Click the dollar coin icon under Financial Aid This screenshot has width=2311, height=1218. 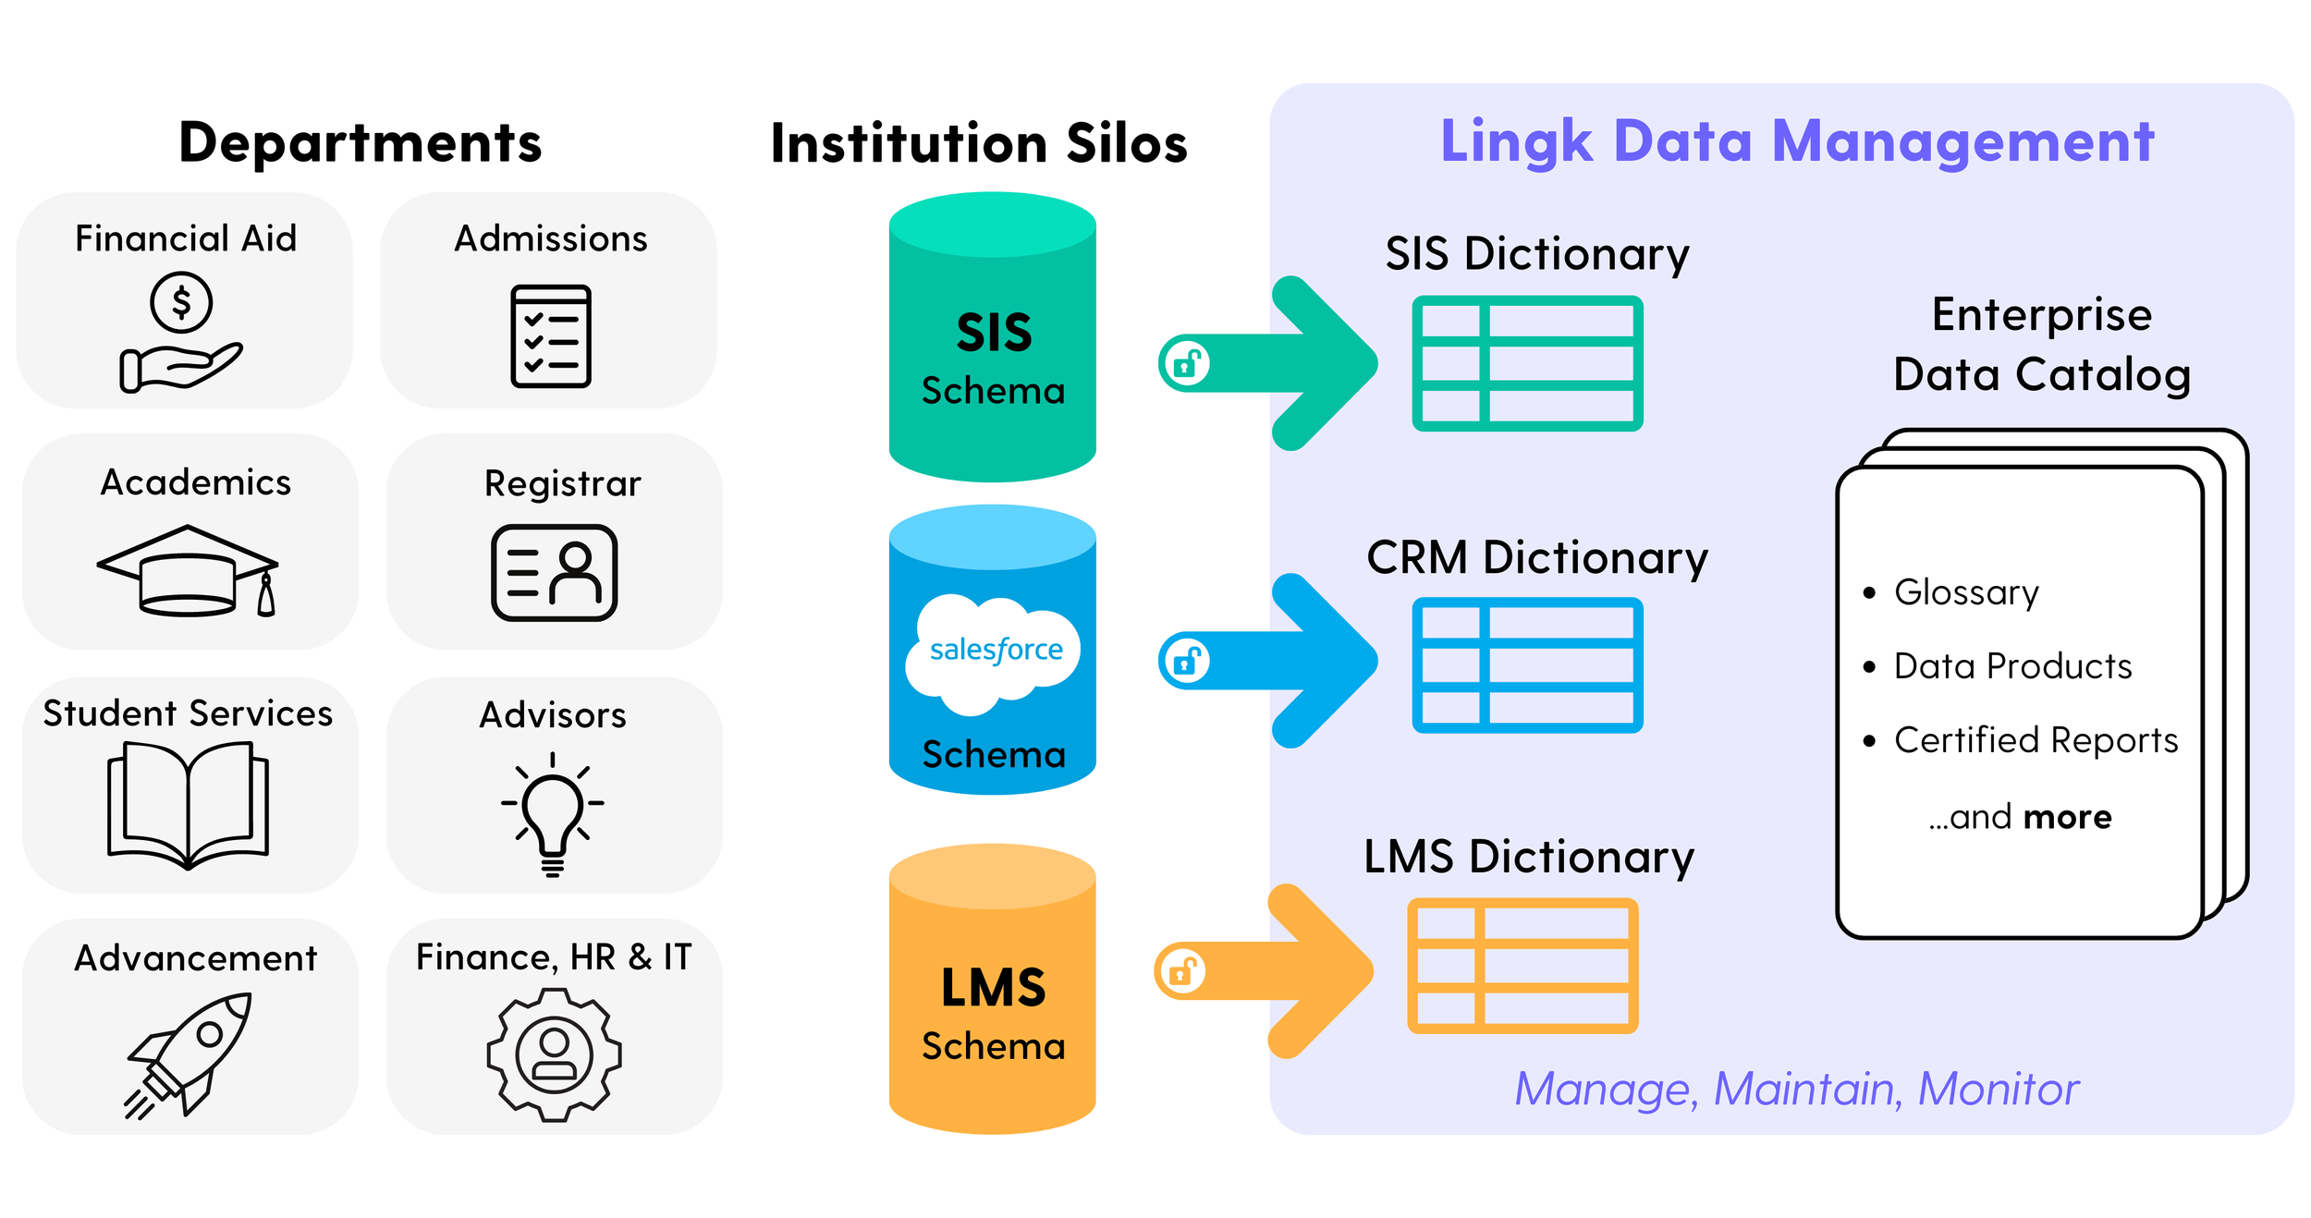181,303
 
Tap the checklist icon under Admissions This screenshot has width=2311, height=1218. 551,336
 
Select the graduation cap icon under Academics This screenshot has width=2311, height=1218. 188,571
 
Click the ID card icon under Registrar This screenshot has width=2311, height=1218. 554,573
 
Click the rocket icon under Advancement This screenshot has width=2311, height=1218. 190,1054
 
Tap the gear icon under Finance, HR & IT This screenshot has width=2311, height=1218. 554,1054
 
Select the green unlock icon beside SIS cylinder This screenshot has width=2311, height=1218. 1188,363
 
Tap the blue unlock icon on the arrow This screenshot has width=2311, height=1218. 1188,661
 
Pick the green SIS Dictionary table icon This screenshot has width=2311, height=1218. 1527,363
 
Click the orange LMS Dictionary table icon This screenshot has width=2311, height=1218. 1522,966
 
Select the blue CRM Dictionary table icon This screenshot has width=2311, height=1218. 1527,665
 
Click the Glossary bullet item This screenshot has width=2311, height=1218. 1966,592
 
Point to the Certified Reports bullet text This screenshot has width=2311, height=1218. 2036,740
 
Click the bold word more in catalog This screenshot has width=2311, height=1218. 2067,817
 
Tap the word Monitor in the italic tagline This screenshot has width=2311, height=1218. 1998,1089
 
